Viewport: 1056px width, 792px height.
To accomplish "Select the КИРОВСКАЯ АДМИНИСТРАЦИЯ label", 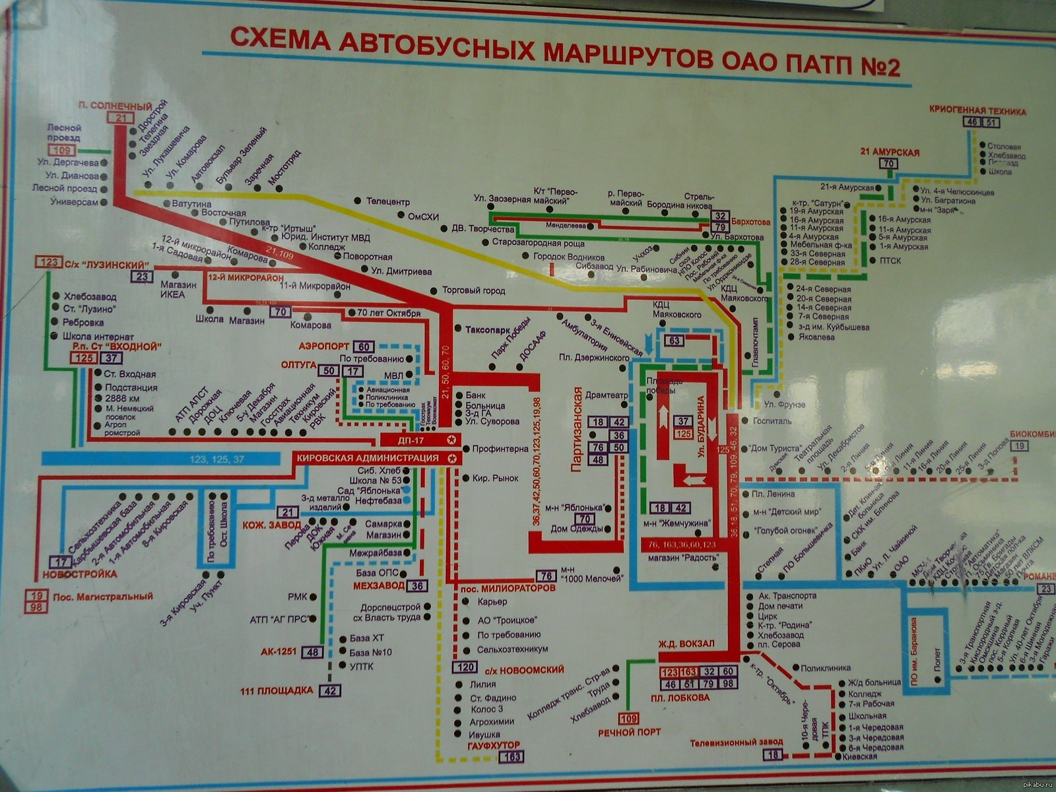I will tap(368, 458).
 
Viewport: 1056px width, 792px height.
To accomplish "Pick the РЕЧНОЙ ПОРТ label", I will tap(629, 732).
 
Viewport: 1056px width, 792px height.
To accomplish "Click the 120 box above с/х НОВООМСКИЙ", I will tap(467, 669).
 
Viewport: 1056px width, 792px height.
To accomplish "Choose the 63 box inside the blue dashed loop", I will tap(674, 341).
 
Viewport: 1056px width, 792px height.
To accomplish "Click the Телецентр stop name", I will tap(389, 201).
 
